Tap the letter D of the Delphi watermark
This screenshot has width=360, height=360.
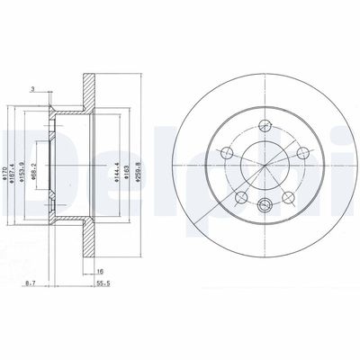point(20,148)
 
